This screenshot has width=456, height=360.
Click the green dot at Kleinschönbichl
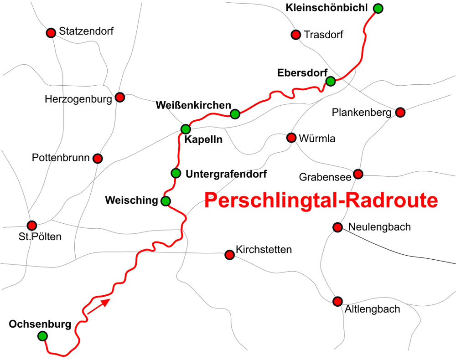click(378, 8)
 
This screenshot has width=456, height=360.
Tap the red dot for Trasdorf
click(295, 34)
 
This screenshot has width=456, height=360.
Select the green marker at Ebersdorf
click(331, 81)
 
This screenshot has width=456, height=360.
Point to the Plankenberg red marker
click(400, 112)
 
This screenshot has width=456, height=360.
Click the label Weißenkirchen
click(193, 105)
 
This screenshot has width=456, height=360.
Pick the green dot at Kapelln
click(186, 129)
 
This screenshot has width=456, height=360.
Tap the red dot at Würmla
click(291, 138)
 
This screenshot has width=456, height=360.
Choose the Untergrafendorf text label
click(226, 174)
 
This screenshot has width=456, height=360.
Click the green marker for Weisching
click(166, 201)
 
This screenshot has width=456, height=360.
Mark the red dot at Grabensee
click(358, 174)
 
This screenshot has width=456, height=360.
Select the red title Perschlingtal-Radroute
click(321, 201)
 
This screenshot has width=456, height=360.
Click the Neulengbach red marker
click(337, 227)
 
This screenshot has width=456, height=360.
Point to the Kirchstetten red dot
click(229, 255)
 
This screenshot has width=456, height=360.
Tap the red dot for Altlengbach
click(337, 301)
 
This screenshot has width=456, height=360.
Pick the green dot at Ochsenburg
click(42, 336)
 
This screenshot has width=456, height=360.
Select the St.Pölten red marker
click(31, 225)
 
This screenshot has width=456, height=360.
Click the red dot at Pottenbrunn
click(97, 158)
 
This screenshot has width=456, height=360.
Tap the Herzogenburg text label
click(78, 99)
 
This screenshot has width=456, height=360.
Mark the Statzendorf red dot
click(51, 33)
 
